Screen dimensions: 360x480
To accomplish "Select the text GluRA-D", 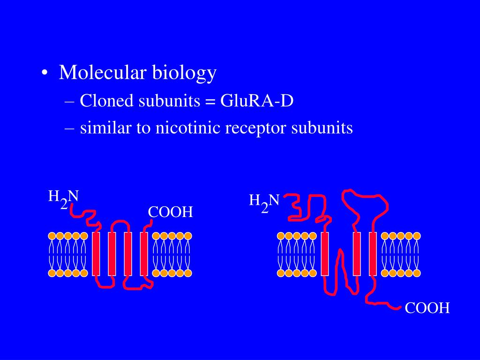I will pos(257,100).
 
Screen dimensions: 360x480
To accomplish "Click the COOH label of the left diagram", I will pos(171,212).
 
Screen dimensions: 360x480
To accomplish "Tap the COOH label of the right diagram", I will pos(427,308).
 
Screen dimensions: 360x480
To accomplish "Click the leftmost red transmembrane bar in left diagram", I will pos(96,253).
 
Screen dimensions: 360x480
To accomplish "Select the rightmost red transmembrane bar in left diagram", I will pos(144,253).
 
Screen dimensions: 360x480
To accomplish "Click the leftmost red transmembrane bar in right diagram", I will pos(325,253).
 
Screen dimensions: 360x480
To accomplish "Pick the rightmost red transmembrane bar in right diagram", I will pos(373,253).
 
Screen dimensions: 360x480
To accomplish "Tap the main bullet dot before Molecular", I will pos(44,74).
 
